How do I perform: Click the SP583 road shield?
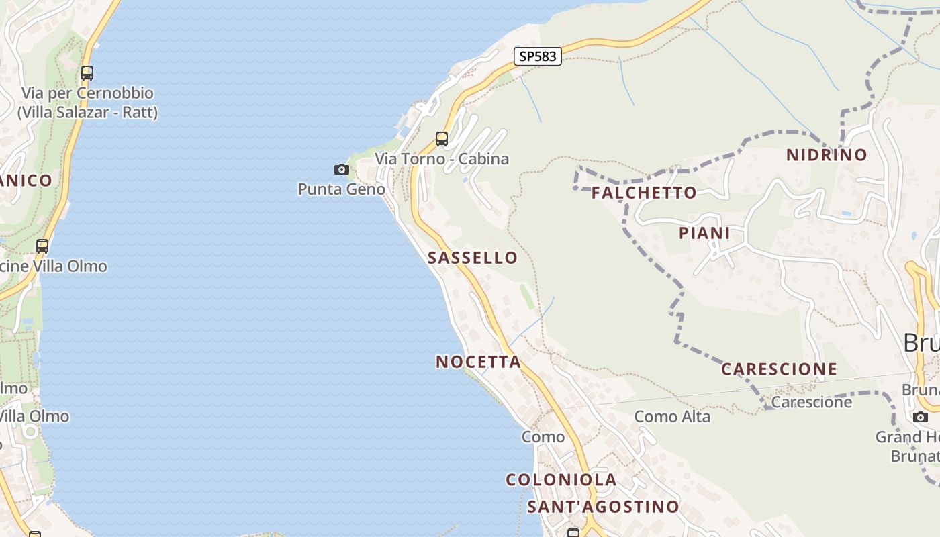coord(538,56)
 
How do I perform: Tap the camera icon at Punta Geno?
coord(342,169)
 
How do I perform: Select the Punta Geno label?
coord(341,189)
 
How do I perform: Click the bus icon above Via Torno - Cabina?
coord(442,139)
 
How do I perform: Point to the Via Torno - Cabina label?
coord(442,159)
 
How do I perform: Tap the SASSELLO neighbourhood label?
coord(473,258)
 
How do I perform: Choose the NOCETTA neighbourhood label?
coord(478,362)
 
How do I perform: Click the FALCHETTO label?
coord(644,193)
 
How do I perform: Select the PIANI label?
coord(704,233)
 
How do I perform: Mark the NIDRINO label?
coord(827,155)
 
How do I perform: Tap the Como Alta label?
coord(672,416)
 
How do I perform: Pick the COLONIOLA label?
coord(561,479)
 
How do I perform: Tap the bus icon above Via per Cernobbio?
coord(87,73)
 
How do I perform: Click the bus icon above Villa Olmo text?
coord(42,246)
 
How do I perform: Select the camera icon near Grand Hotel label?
coord(921,417)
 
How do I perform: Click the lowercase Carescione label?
coord(811,402)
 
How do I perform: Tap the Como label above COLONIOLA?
coord(543,437)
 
